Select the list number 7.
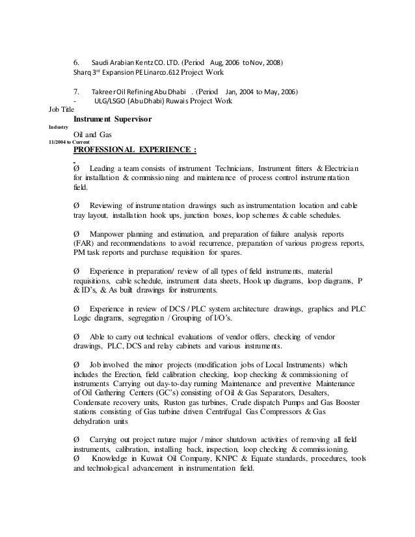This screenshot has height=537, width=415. pos(77,92)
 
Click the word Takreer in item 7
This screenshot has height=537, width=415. pos(103,92)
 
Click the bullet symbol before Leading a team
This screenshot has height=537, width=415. pos(78,168)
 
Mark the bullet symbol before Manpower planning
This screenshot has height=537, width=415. pos(78,233)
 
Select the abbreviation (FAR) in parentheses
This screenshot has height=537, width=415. pos(83,243)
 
